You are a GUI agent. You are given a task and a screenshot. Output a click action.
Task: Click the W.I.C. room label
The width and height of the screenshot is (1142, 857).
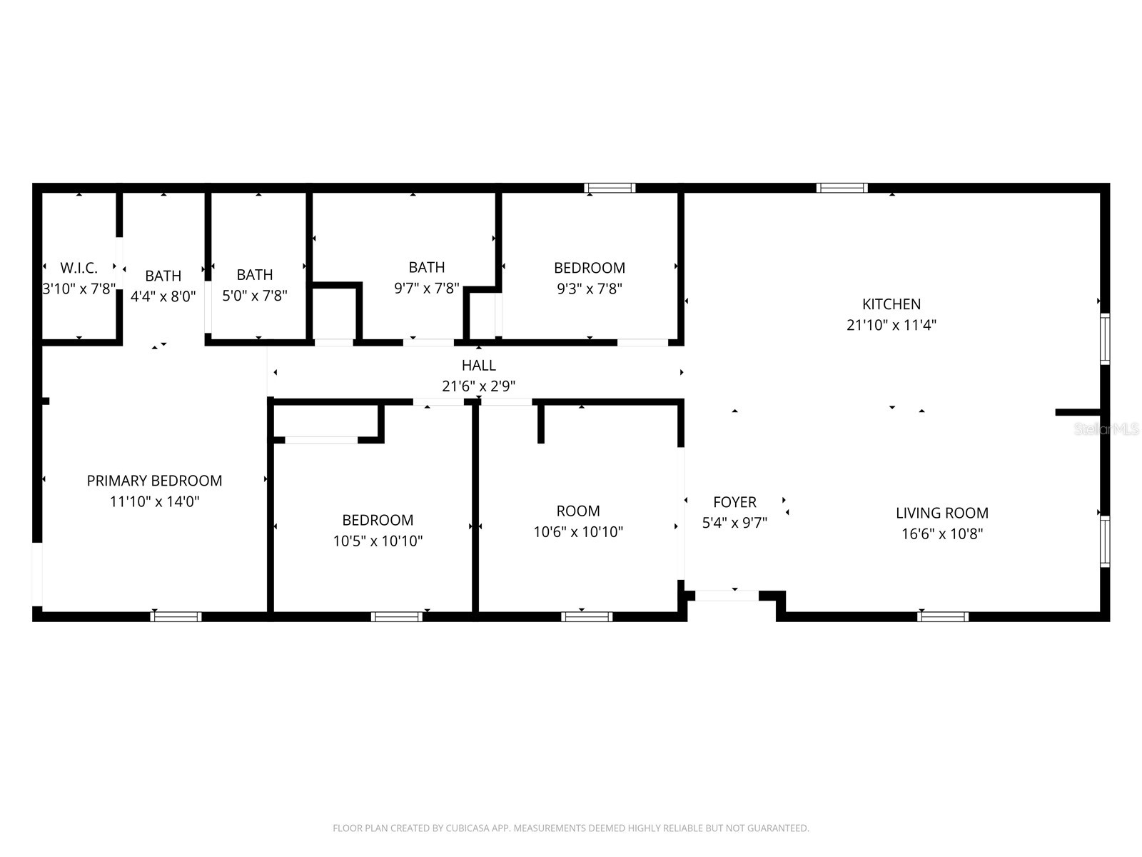tap(79, 269)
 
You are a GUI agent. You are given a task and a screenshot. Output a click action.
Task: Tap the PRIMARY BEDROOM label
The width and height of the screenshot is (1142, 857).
tap(154, 481)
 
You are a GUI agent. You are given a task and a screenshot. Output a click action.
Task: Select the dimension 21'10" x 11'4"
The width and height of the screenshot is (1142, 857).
tap(891, 325)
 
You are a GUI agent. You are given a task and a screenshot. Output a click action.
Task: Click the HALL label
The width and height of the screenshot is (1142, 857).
tap(478, 366)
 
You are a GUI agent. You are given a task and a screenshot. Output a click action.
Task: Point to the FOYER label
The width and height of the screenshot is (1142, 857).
tap(734, 502)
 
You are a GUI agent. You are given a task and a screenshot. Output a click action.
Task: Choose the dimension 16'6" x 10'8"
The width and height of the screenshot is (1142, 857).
tap(942, 533)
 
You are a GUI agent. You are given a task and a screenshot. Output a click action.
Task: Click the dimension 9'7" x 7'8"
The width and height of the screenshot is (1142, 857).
tap(427, 289)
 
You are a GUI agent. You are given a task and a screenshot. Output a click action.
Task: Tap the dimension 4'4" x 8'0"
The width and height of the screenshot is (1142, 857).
tap(163, 296)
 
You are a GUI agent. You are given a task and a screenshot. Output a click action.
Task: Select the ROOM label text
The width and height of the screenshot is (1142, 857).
tap(578, 511)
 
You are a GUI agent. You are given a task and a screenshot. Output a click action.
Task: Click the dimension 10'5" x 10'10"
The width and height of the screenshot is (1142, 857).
tap(378, 541)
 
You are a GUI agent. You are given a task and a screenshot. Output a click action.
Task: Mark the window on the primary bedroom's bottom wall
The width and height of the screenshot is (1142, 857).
tap(176, 616)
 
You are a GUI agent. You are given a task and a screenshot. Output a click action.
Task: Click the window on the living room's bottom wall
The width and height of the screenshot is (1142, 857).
tap(943, 616)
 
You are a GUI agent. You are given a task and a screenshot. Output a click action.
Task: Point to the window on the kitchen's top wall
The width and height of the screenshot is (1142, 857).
tap(842, 188)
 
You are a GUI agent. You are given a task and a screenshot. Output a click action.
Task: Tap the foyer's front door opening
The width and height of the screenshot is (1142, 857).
tap(727, 595)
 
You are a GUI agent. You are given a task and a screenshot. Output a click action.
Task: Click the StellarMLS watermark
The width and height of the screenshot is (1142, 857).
tap(1106, 429)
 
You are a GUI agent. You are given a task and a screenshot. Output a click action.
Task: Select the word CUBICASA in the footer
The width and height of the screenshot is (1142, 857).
tap(468, 828)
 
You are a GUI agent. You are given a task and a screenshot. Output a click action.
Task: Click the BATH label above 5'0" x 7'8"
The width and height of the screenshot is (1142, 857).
tap(255, 275)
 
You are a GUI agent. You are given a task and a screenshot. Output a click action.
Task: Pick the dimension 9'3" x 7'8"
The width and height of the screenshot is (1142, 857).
tap(590, 289)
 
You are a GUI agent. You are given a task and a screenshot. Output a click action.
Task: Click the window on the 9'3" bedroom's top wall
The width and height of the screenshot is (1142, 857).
tap(610, 188)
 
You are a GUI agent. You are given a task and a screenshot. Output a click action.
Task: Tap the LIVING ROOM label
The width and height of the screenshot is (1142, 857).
tap(942, 513)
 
